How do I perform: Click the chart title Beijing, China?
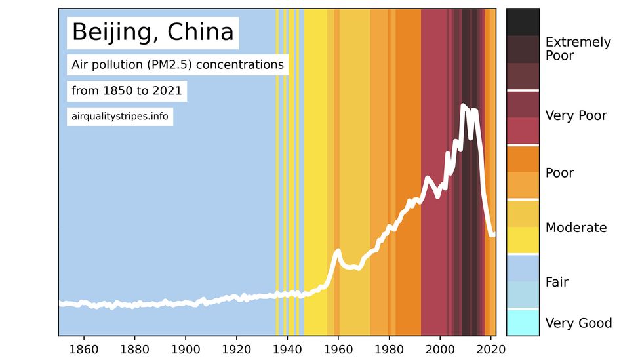point(152,31)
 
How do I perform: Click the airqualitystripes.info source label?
point(119,117)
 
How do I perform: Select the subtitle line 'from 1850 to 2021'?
point(127,90)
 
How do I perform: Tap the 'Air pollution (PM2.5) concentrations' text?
point(178,65)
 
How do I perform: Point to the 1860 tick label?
point(83,348)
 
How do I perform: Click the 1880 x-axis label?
point(134,348)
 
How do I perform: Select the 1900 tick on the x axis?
point(186,348)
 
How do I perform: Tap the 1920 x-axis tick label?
point(236,348)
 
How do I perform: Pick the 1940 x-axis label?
point(287,348)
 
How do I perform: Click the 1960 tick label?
point(338,348)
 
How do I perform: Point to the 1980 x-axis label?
point(390,348)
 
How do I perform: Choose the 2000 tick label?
point(440,348)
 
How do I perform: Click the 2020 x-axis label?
point(491,348)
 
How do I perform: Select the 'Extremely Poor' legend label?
point(578,49)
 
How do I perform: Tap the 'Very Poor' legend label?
point(576,116)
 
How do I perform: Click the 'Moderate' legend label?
point(576,228)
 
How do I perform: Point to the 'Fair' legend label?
point(557,282)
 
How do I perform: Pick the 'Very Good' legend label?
point(578,323)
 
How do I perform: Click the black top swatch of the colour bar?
point(523,22)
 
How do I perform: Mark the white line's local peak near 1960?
point(338,250)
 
